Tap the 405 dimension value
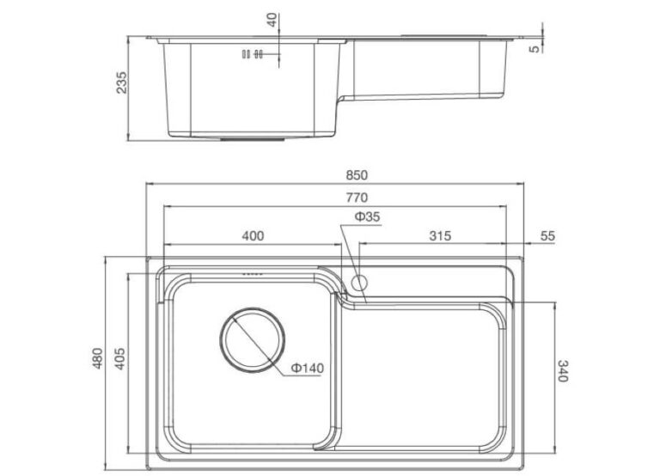pyautogui.click(x=121, y=357)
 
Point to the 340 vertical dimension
pyautogui.click(x=563, y=372)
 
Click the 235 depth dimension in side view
pyautogui.click(x=121, y=84)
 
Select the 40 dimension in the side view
pyautogui.click(x=272, y=19)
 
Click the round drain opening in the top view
pyautogui.click(x=252, y=339)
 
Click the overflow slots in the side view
pyautogui.click(x=253, y=54)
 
